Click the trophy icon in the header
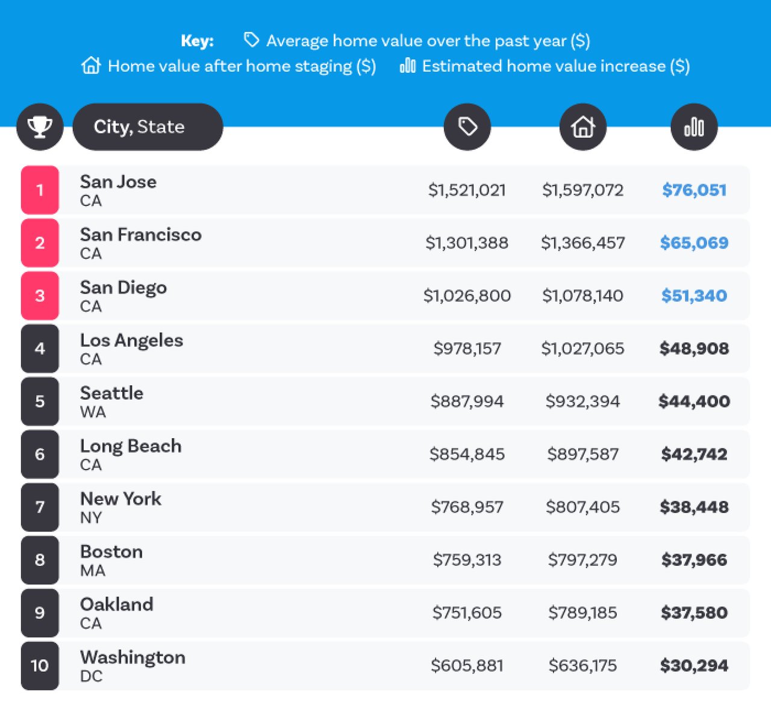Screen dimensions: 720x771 pyautogui.click(x=40, y=127)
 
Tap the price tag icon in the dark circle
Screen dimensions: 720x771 pyautogui.click(x=467, y=127)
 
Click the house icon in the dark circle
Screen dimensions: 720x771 pyautogui.click(x=582, y=127)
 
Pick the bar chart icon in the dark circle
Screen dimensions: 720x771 pyautogui.click(x=694, y=127)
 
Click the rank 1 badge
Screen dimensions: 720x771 pyautogui.click(x=40, y=190)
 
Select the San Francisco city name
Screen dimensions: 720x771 pyautogui.click(x=141, y=235)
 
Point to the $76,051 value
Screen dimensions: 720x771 pyautogui.click(x=694, y=190)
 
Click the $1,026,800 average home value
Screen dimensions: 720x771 pyautogui.click(x=467, y=296)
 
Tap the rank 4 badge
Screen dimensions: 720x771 pyautogui.click(x=40, y=349)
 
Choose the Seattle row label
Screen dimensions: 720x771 pyautogui.click(x=112, y=393)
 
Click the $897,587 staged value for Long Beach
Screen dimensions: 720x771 pyautogui.click(x=582, y=455)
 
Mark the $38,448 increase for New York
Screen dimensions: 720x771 pyautogui.click(x=694, y=507)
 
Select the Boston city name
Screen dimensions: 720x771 pyautogui.click(x=111, y=551)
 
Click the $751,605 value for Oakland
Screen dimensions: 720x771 pyautogui.click(x=467, y=613)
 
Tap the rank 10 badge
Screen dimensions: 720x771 pyautogui.click(x=40, y=666)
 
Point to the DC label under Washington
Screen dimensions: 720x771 pyautogui.click(x=92, y=676)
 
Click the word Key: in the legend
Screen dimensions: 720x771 pyautogui.click(x=197, y=41)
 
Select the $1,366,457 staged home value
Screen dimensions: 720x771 pyautogui.click(x=582, y=243)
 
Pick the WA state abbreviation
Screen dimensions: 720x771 pyautogui.click(x=93, y=412)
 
